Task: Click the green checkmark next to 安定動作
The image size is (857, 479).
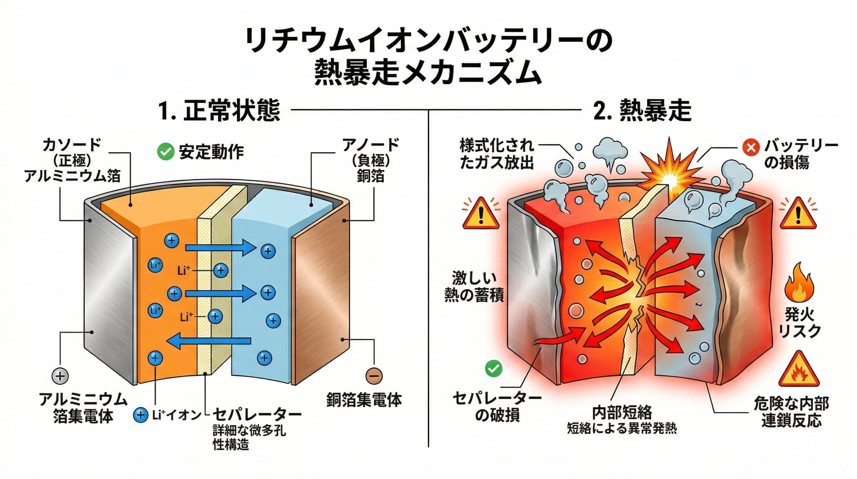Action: click(165, 152)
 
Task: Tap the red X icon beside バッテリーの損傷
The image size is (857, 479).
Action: click(751, 147)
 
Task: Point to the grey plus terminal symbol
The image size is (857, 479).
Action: click(60, 375)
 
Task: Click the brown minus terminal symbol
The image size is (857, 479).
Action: click(374, 375)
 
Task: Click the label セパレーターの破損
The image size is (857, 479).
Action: click(497, 406)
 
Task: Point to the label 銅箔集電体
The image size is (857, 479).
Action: click(364, 400)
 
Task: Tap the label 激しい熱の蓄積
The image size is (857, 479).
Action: click(474, 287)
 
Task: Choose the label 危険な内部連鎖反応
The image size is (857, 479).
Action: click(791, 412)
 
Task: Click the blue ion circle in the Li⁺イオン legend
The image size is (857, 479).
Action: click(140, 415)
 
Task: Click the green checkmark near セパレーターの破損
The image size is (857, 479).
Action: click(493, 368)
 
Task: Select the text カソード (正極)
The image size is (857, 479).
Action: click(72, 153)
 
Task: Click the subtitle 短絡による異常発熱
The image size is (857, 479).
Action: click(622, 428)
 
